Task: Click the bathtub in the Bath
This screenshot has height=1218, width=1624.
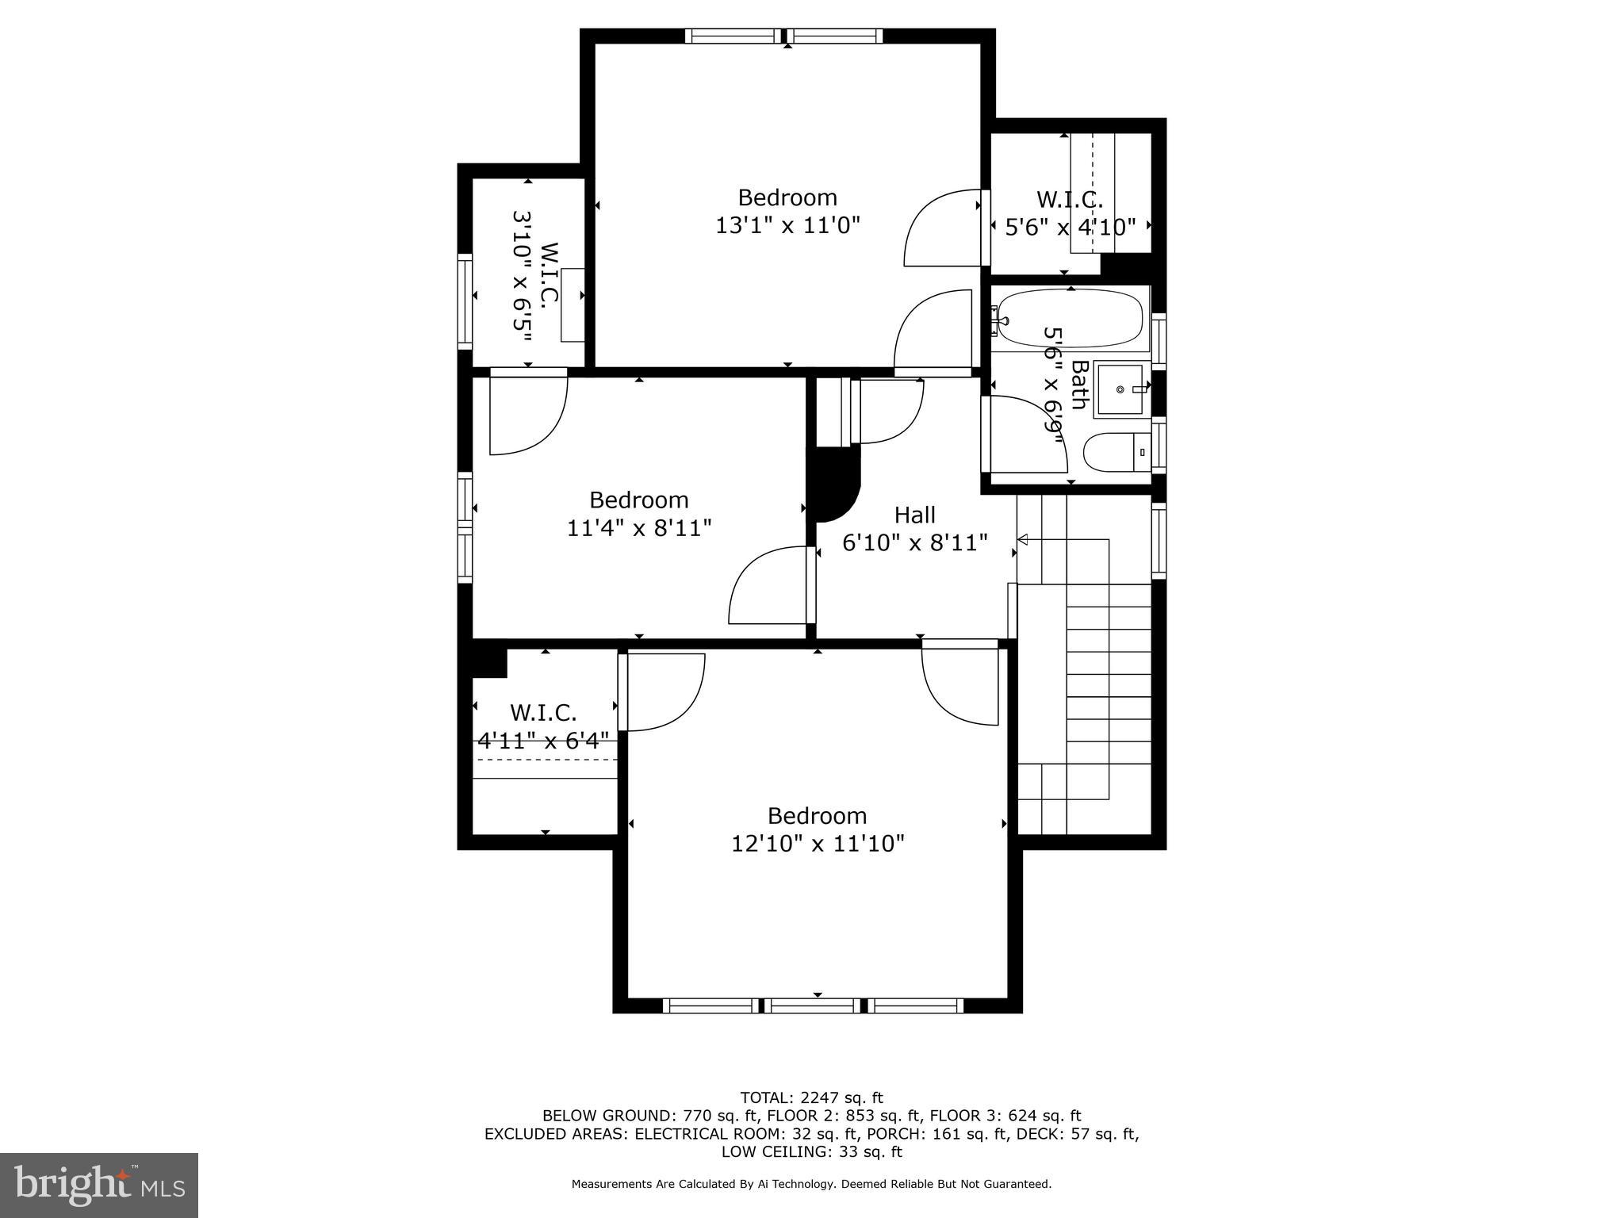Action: (x=1070, y=319)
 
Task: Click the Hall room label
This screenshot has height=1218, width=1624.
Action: (x=915, y=515)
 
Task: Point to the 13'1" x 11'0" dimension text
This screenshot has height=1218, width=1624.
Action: (x=787, y=225)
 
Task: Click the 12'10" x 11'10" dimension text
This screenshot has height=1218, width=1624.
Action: (x=818, y=843)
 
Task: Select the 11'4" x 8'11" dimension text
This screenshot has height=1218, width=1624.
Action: (x=639, y=528)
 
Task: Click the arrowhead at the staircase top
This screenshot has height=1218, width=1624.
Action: (x=1023, y=540)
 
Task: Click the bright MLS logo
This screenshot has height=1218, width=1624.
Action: (x=99, y=1185)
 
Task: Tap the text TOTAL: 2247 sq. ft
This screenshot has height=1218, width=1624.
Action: (x=811, y=1097)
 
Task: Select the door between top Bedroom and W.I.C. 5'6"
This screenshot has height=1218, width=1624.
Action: (x=944, y=228)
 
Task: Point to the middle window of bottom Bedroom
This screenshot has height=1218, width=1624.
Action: (x=814, y=1005)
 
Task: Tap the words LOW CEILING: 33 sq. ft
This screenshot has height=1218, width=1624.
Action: (x=811, y=1151)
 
